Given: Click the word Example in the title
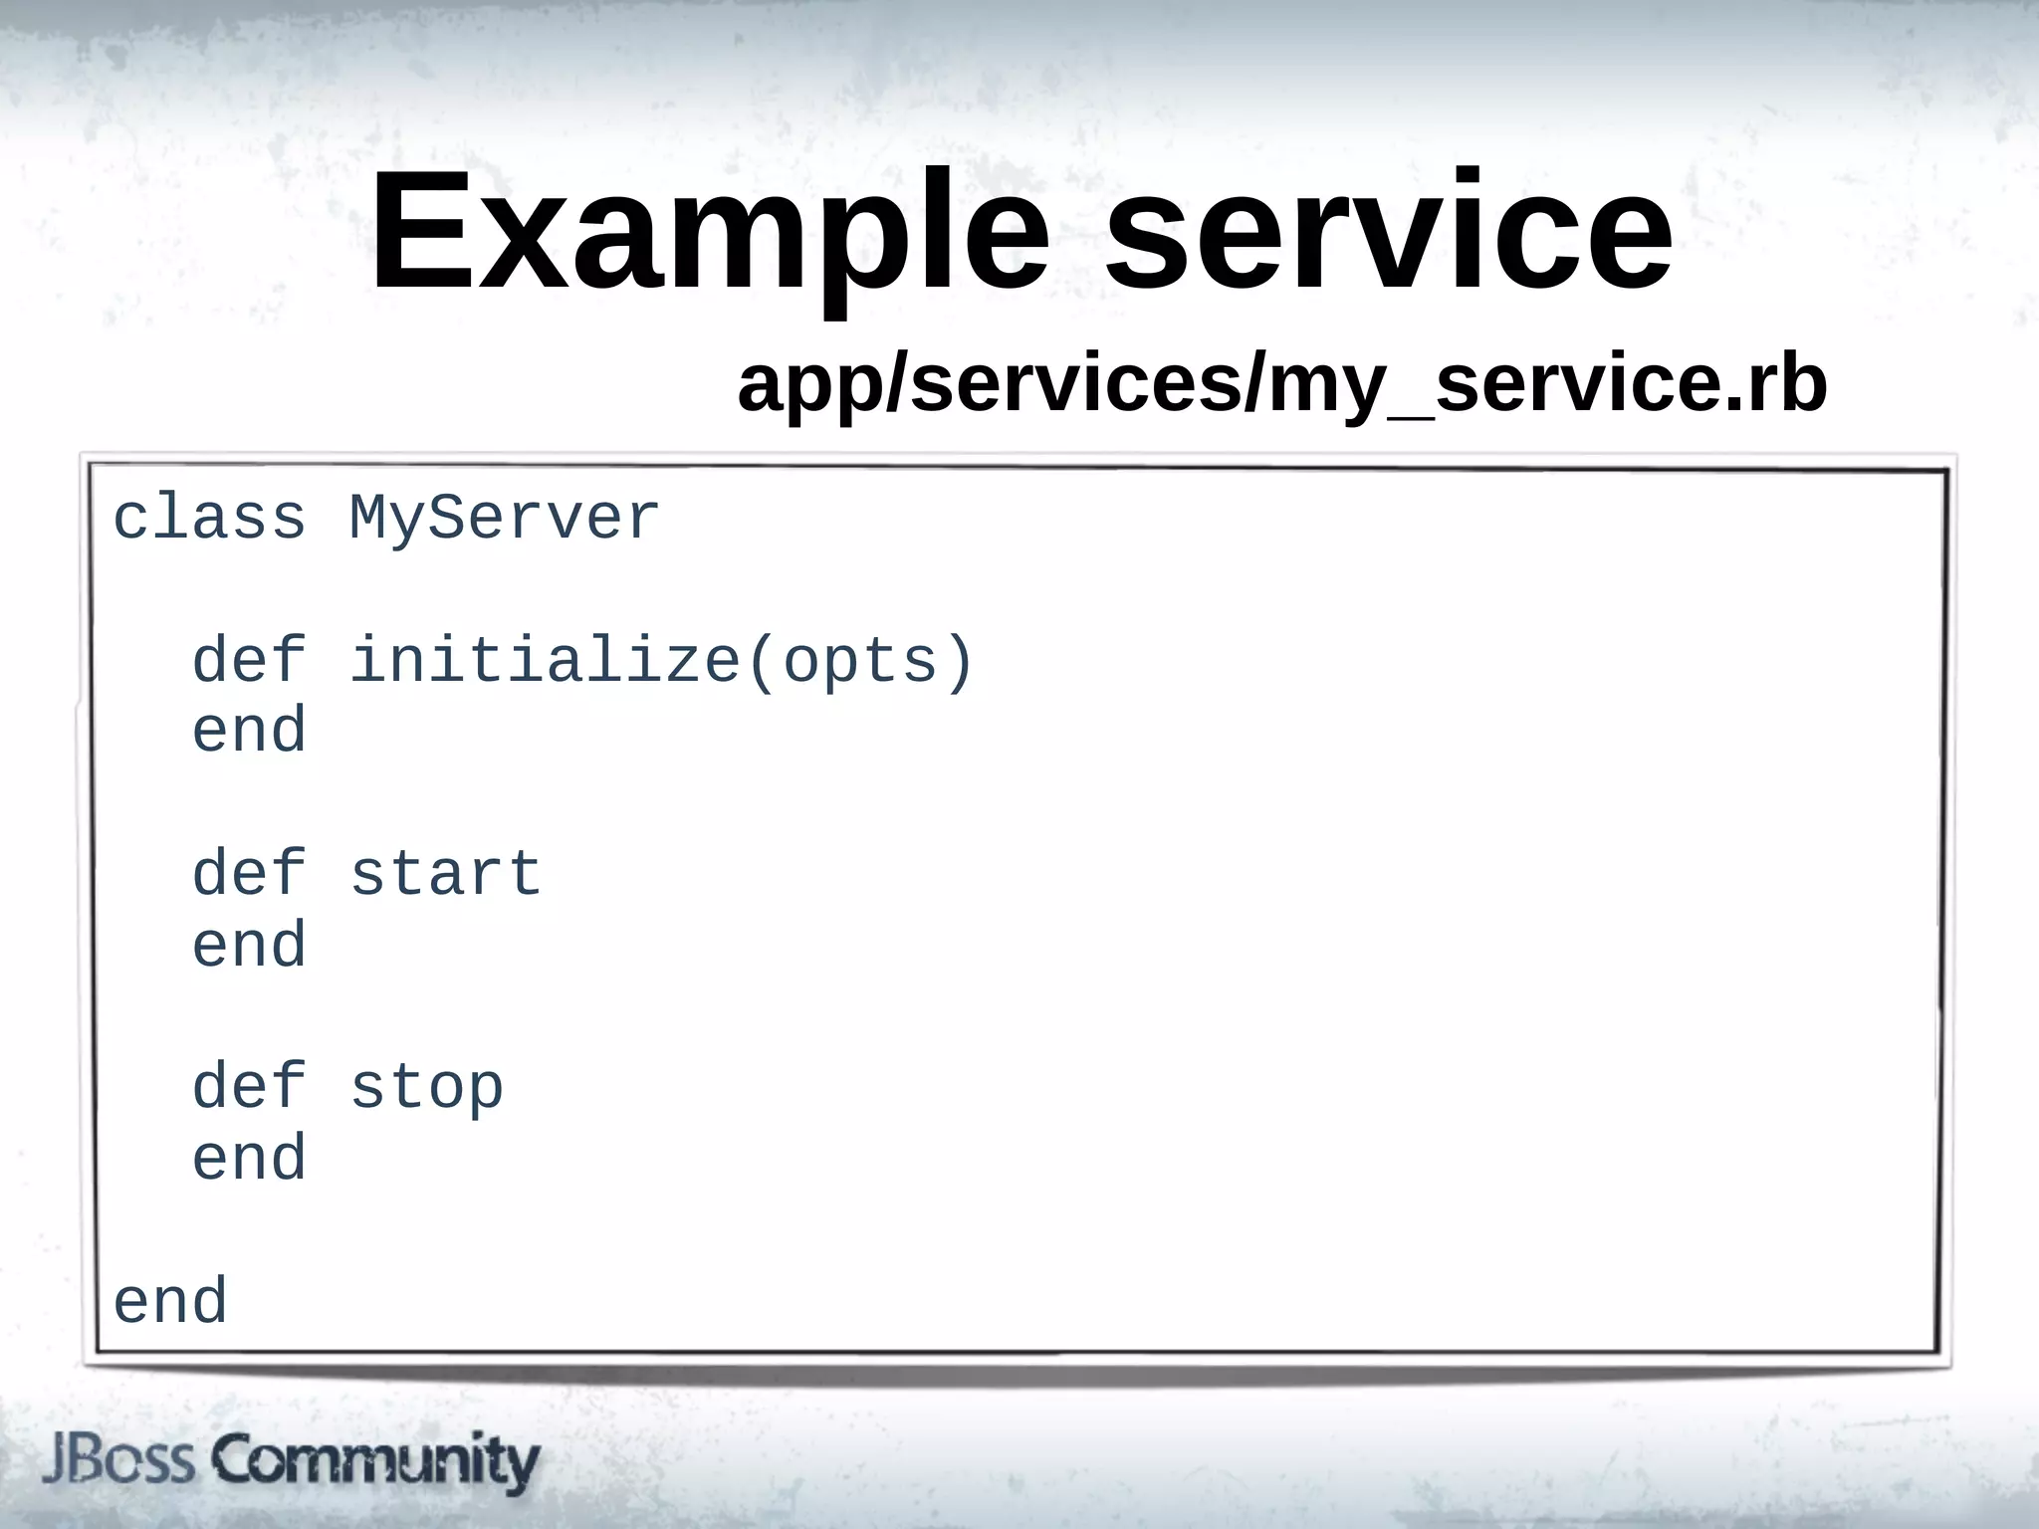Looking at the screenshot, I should click(709, 234).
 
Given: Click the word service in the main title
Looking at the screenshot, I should click(1389, 234).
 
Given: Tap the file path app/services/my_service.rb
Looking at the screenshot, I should click(1281, 385).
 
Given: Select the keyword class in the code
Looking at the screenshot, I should click(209, 519).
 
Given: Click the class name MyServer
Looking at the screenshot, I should click(504, 519).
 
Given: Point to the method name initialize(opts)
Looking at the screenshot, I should click(661, 661).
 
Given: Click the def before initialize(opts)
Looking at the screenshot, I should click(249, 661).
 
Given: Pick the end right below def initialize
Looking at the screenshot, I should click(249, 731).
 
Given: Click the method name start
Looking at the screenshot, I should click(445, 874).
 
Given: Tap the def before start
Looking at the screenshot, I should click(249, 874).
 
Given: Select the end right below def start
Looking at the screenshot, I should click(249, 945).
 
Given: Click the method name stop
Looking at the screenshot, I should click(426, 1087).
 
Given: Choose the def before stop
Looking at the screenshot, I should click(249, 1087).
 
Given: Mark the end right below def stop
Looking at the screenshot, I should click(249, 1159).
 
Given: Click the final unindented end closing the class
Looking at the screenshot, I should click(170, 1302).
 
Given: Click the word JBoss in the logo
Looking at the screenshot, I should click(118, 1461).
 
